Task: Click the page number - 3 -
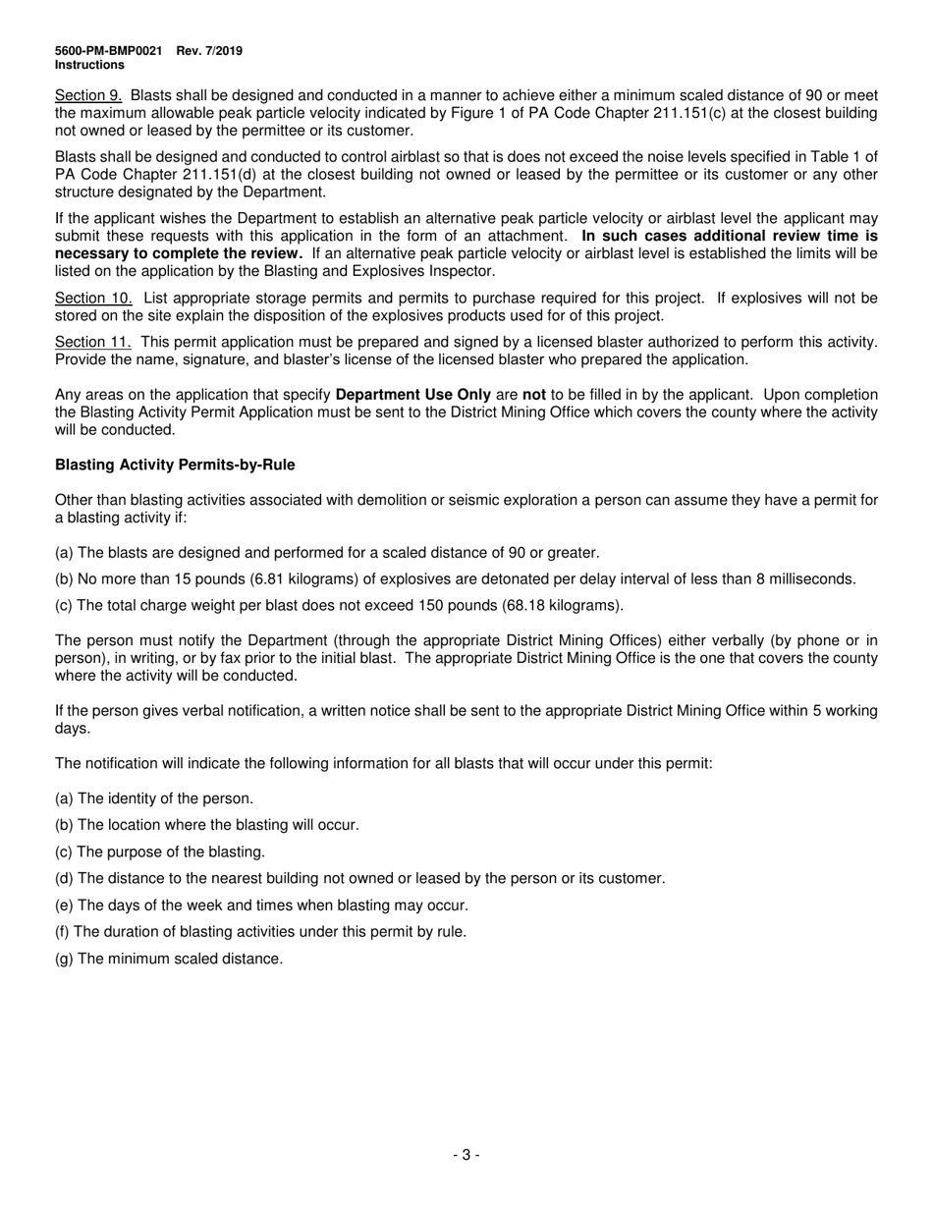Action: coord(466,1155)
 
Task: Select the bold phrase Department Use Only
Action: coord(412,395)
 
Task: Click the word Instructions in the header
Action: coord(89,66)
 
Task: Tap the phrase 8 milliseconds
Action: coord(804,579)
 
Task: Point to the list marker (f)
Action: coord(62,932)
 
